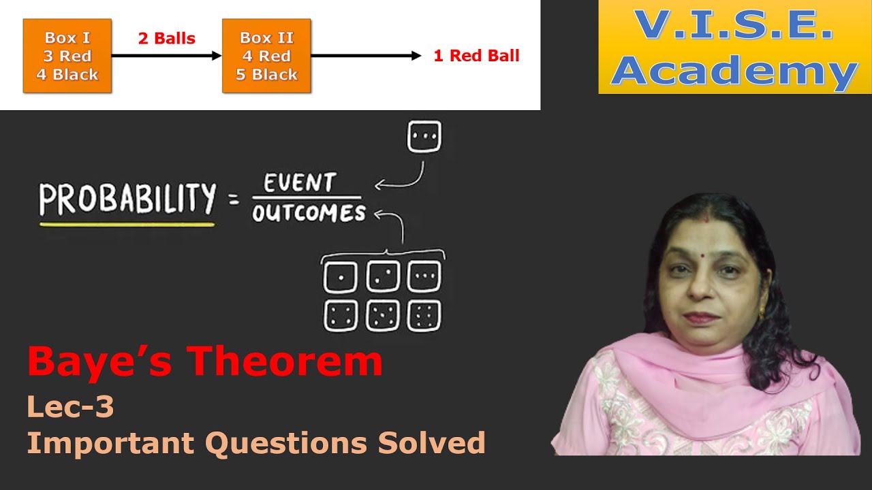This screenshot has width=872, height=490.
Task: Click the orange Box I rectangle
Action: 67,56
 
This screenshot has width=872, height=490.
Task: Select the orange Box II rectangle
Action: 266,56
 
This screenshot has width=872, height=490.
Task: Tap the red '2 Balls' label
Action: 166,38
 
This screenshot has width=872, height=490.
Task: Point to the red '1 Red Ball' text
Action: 476,56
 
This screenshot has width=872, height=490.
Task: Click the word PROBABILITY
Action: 127,199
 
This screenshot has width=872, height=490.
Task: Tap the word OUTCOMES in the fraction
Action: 309,213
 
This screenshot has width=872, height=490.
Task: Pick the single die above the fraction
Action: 424,137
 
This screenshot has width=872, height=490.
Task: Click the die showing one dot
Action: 340,277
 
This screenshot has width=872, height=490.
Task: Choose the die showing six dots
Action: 424,316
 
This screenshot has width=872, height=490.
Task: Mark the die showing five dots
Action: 382,316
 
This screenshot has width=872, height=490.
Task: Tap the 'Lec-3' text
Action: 70,407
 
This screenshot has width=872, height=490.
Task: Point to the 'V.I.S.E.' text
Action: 734,24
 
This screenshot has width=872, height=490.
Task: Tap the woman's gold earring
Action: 762,315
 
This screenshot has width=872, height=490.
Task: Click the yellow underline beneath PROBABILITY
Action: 127,223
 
